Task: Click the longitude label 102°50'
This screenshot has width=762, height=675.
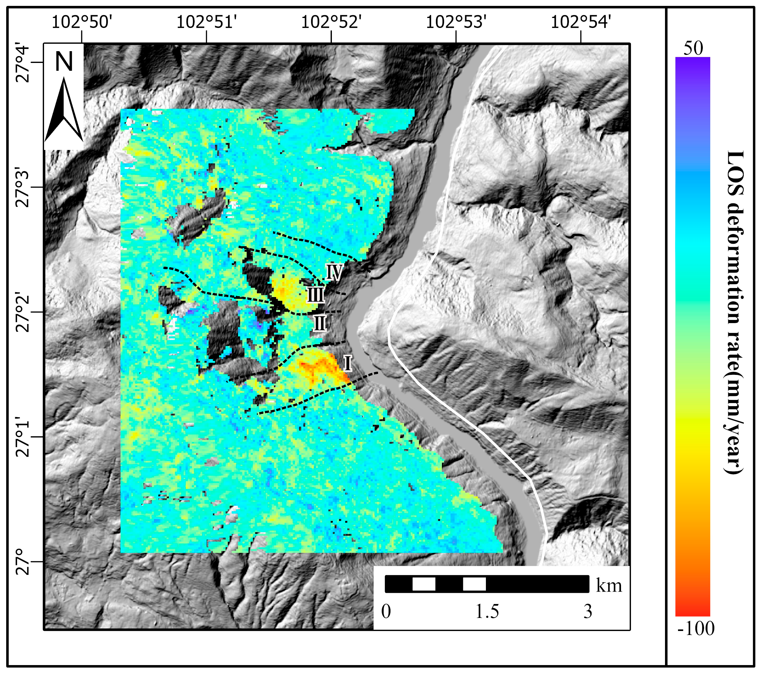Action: click(81, 22)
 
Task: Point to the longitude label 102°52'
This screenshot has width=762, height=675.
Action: click(331, 22)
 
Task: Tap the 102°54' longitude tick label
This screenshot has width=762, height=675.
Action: click(580, 22)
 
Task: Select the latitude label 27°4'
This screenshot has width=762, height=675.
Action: click(23, 63)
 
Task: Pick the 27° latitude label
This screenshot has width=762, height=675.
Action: click(23, 562)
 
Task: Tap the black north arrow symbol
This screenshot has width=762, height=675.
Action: click(64, 110)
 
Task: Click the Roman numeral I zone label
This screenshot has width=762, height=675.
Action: click(347, 363)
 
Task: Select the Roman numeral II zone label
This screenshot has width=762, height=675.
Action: click(319, 323)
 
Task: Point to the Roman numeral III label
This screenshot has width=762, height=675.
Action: click(315, 295)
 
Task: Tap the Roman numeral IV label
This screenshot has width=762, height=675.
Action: click(334, 272)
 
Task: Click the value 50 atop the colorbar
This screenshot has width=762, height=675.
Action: click(693, 48)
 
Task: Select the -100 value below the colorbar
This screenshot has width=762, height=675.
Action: click(696, 628)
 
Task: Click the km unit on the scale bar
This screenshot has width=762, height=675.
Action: click(609, 585)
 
